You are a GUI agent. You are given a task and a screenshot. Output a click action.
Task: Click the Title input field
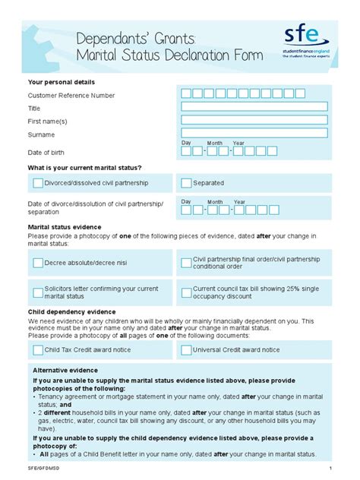253,107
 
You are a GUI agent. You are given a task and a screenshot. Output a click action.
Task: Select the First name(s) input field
253,120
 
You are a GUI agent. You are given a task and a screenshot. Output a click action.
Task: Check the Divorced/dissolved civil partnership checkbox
38,183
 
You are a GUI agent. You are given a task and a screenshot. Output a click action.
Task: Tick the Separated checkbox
186,183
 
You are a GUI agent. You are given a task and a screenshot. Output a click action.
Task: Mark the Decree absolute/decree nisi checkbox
38,263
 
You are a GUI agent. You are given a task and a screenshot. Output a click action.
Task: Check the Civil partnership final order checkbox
186,263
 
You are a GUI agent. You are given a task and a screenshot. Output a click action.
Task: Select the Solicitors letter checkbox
38,292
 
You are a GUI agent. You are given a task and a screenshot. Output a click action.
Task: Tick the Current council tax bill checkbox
186,292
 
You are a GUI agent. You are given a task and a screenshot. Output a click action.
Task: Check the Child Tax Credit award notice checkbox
38,350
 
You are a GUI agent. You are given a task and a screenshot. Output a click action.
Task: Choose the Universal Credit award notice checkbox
186,350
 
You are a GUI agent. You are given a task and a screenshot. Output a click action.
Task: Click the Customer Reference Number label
71,95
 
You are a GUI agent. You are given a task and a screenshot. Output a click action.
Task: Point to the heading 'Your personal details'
62,81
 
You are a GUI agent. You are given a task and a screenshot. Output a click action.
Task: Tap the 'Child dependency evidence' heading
71,311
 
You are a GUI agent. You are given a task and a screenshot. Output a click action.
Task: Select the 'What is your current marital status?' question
85,166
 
